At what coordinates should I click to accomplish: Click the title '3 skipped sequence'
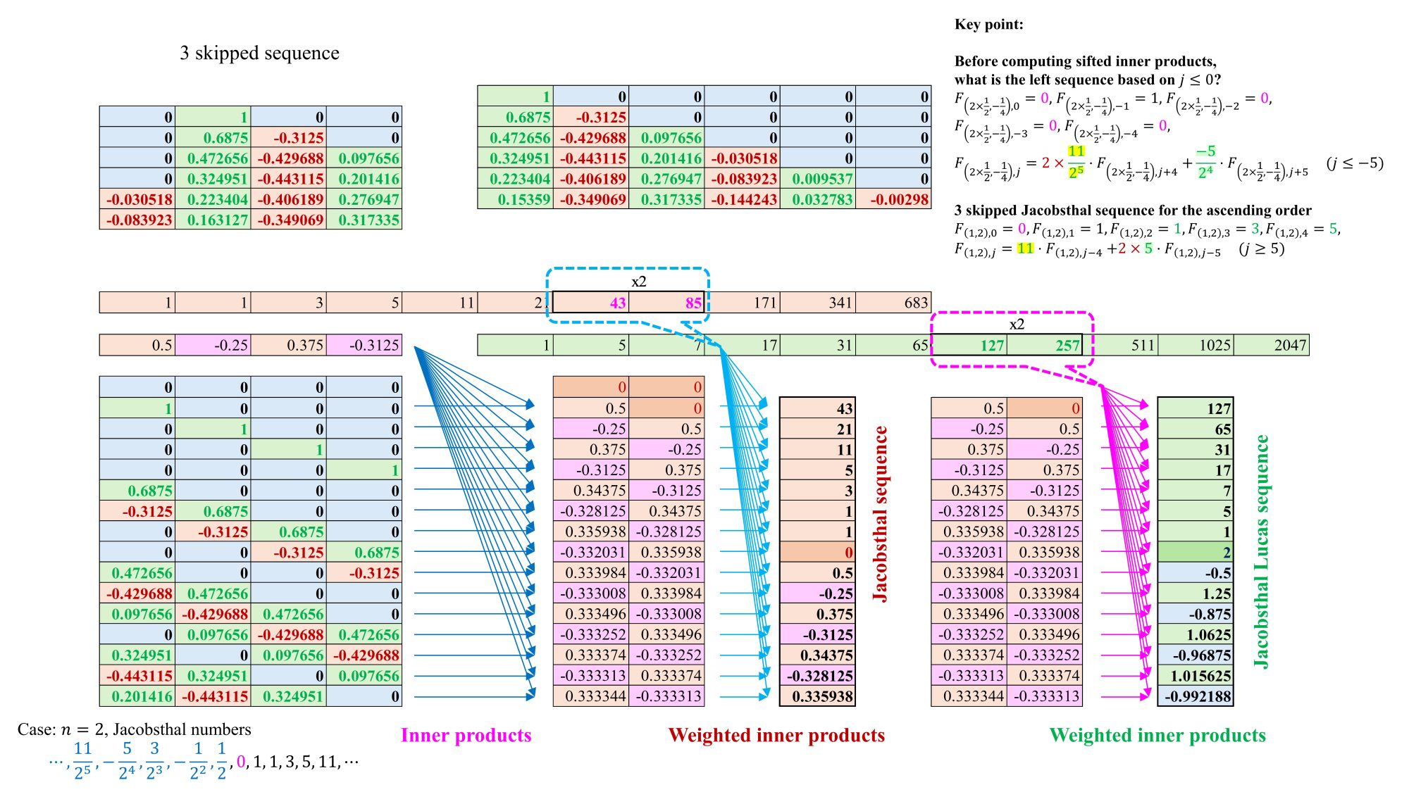[x=259, y=53]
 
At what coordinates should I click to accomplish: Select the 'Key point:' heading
[x=988, y=25]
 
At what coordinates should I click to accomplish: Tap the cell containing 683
[x=893, y=303]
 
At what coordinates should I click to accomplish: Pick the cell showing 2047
[x=1272, y=345]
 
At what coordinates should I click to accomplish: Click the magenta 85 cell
[x=667, y=303]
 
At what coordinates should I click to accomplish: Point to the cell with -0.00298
[x=893, y=199]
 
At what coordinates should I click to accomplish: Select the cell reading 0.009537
[x=818, y=179]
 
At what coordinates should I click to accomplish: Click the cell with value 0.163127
[x=213, y=220]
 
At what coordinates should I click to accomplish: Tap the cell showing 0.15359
[x=515, y=199]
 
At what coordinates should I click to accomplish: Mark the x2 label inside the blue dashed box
[x=639, y=282]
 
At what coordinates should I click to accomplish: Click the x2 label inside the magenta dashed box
[x=1017, y=325]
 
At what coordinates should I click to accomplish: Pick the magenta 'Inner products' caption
[x=466, y=736]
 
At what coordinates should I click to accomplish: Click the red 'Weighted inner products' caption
[x=776, y=736]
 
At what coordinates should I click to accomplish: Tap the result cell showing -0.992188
[x=1196, y=696]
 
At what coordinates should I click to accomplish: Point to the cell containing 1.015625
[x=1196, y=676]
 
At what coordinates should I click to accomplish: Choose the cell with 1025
[x=1196, y=345]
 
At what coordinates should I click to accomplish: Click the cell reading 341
[x=818, y=303]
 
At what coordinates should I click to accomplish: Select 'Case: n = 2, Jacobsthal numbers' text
[x=135, y=729]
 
